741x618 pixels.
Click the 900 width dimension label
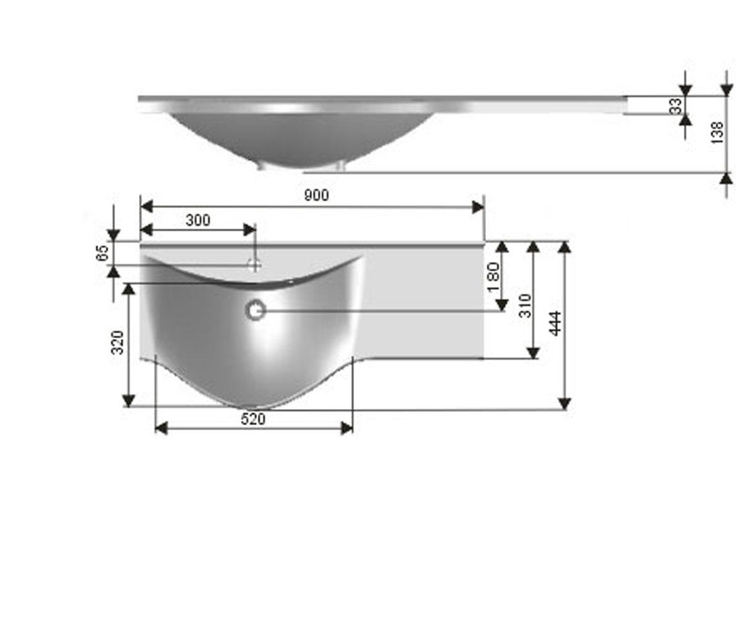pyautogui.click(x=316, y=195)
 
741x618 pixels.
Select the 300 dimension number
pyautogui.click(x=198, y=221)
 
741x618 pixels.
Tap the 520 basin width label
pyautogui.click(x=253, y=420)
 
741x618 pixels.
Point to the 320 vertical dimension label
pyautogui.click(x=118, y=342)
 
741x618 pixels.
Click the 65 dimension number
pyautogui.click(x=103, y=253)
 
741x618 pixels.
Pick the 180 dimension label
pyautogui.click(x=493, y=277)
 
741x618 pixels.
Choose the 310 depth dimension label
pyautogui.click(x=525, y=306)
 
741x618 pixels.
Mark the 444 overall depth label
pyautogui.click(x=555, y=323)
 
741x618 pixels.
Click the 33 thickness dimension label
pyautogui.click(x=676, y=106)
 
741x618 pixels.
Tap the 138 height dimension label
pyautogui.click(x=717, y=132)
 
